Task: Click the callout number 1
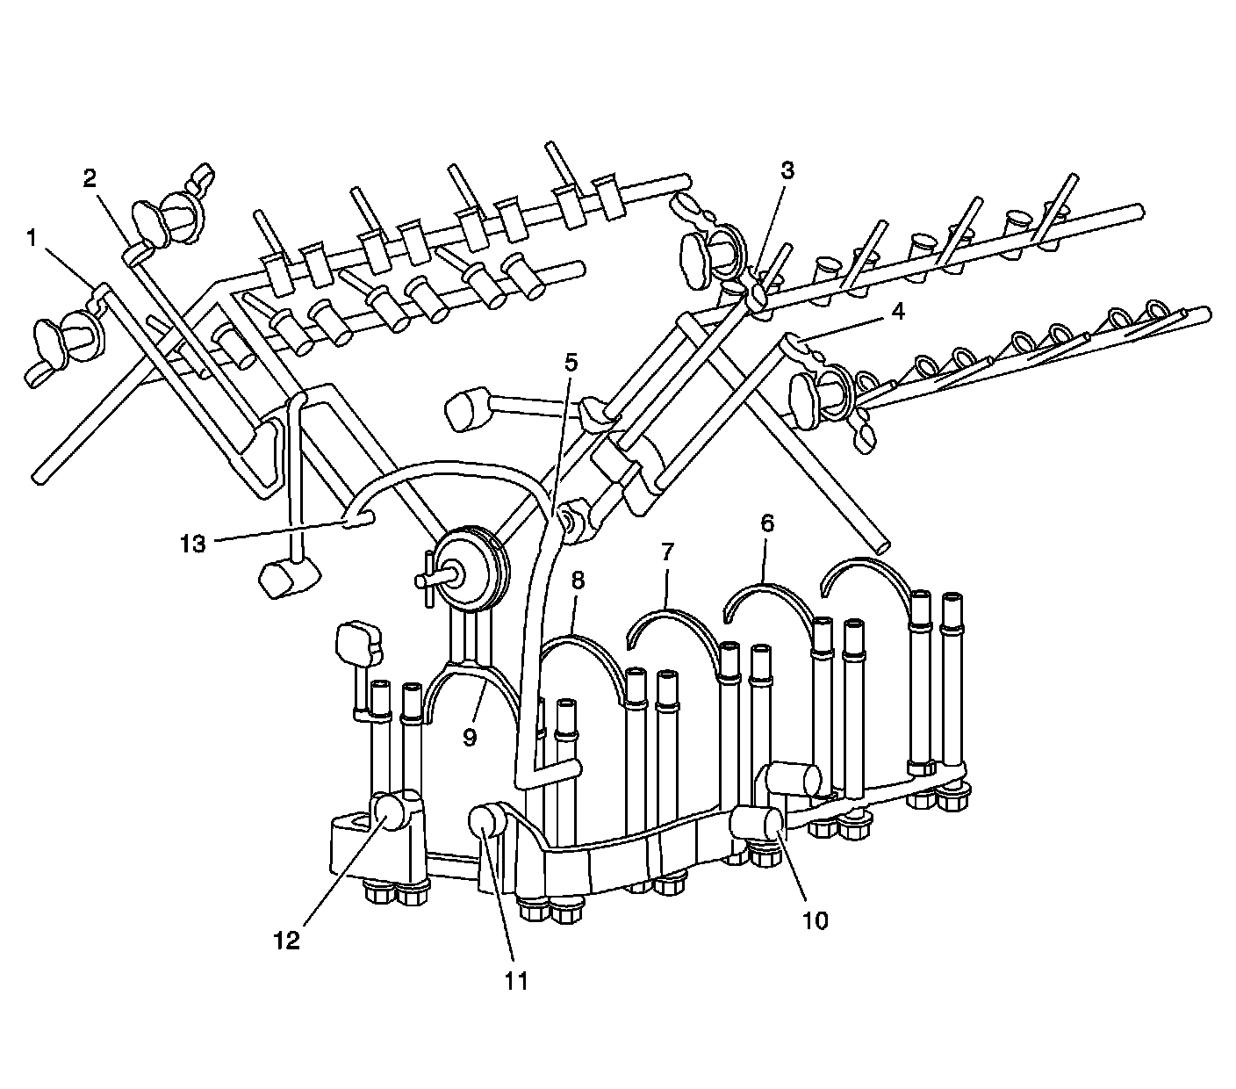click(x=32, y=237)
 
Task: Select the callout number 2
click(x=90, y=178)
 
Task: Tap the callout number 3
click(x=787, y=171)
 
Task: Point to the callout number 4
click(x=896, y=311)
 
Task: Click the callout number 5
click(x=571, y=362)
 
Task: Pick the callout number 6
click(x=767, y=523)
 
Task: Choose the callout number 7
click(x=667, y=552)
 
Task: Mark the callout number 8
click(x=578, y=581)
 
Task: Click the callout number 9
click(x=470, y=738)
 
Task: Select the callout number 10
click(x=815, y=920)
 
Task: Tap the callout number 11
click(x=517, y=980)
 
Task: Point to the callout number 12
click(x=286, y=940)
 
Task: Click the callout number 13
click(x=193, y=544)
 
